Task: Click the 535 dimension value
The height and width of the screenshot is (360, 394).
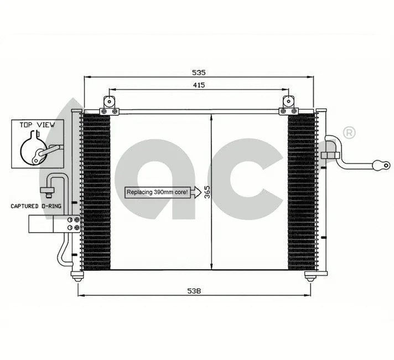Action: click(199, 73)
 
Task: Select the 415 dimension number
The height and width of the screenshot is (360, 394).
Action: click(199, 85)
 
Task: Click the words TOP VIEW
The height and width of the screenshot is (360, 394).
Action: click(37, 125)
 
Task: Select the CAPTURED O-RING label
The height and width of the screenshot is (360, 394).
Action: click(35, 205)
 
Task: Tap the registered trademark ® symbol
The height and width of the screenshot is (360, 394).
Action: click(349, 132)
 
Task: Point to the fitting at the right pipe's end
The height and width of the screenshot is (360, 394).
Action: click(382, 164)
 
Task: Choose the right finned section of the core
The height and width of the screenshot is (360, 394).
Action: click(302, 191)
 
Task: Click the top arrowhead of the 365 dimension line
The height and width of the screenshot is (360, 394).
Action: click(213, 117)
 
